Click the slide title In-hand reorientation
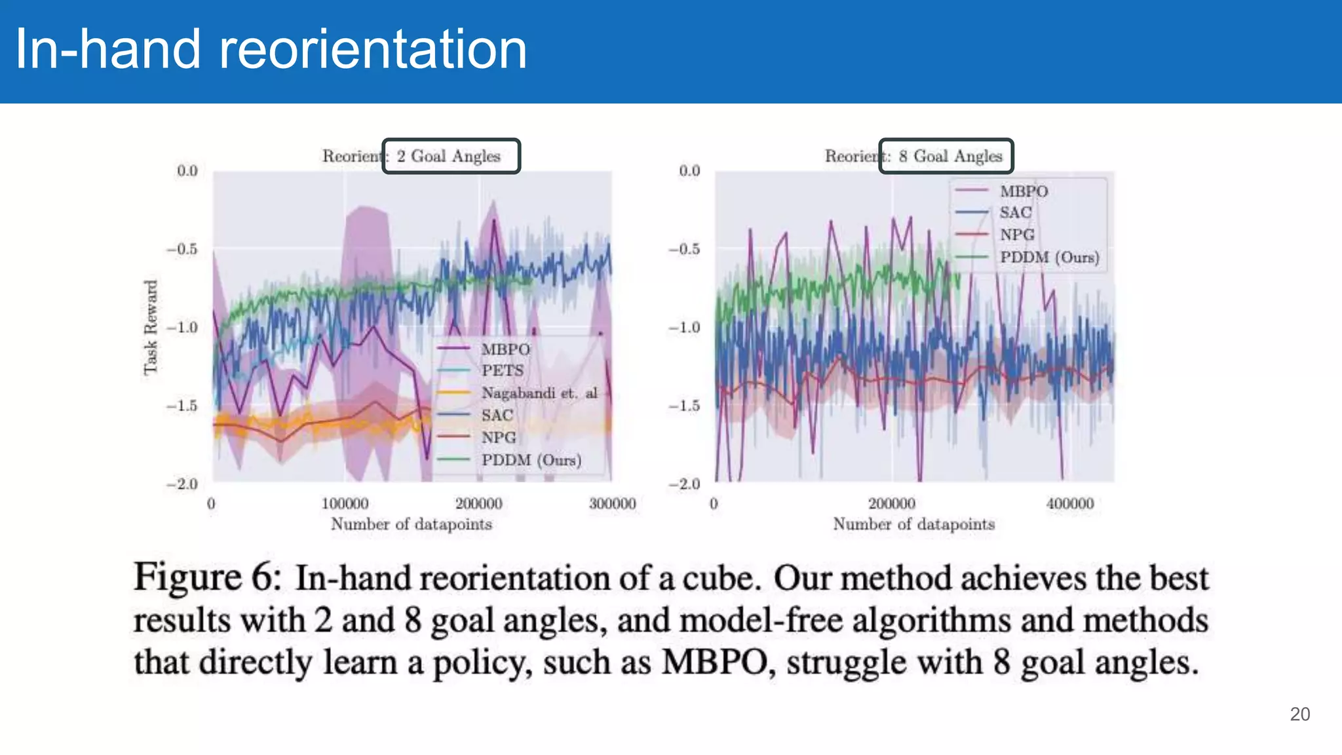click(x=271, y=50)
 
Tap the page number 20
click(x=1299, y=714)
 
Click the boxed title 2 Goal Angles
click(x=451, y=156)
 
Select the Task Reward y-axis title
click(x=151, y=327)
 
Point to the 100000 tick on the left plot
click(x=345, y=503)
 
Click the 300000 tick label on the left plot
click(x=612, y=503)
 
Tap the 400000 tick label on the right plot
click(x=1069, y=503)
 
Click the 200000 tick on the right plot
click(x=891, y=503)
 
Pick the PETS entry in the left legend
click(x=503, y=370)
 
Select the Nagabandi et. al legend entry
click(x=539, y=393)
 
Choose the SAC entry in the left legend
click(x=497, y=415)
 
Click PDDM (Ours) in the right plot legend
click(x=1048, y=257)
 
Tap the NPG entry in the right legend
click(x=1016, y=235)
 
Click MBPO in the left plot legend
click(x=505, y=349)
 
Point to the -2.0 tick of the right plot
click(x=684, y=484)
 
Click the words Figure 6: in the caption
click(x=207, y=578)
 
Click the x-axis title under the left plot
click(x=411, y=524)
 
